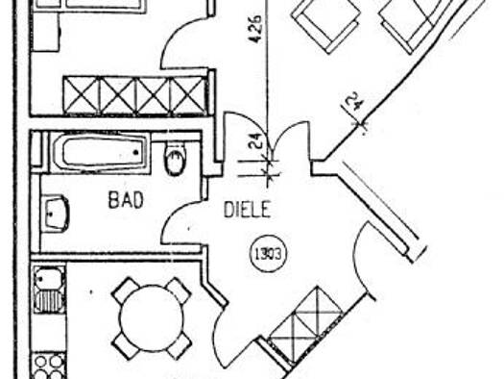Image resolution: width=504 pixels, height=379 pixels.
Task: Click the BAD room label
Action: click(x=126, y=202)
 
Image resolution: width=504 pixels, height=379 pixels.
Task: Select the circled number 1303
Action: click(x=267, y=256)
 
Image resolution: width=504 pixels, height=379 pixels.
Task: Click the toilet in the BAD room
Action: click(x=176, y=162)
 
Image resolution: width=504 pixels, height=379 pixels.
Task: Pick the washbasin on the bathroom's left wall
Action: click(x=57, y=213)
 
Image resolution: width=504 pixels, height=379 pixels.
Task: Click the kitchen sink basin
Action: click(x=45, y=281)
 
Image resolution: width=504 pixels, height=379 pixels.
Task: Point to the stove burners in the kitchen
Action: click(x=46, y=366)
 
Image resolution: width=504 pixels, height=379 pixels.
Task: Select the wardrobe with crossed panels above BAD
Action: click(x=133, y=95)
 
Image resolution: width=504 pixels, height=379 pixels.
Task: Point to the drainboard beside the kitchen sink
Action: click(x=45, y=301)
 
